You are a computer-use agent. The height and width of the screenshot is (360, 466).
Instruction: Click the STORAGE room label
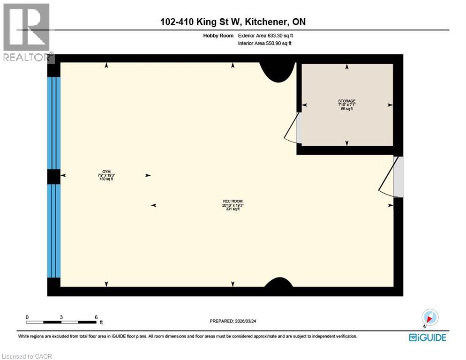(x=347, y=101)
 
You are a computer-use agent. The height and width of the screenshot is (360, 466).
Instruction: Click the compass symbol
(x=429, y=318)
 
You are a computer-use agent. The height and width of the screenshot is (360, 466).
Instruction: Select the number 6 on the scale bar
(x=96, y=317)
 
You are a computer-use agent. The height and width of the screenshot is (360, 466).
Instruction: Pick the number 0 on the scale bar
(x=27, y=317)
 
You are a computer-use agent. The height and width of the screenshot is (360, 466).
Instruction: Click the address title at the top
(x=233, y=22)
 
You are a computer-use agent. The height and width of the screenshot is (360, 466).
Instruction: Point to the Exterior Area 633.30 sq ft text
(x=266, y=35)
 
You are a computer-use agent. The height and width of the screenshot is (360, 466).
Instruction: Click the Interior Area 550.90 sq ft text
(x=265, y=43)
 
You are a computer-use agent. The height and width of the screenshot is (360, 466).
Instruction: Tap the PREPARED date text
(x=236, y=321)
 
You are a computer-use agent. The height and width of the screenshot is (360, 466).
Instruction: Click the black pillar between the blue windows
(x=53, y=177)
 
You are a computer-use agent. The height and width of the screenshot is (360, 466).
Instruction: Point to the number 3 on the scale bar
(x=61, y=317)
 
